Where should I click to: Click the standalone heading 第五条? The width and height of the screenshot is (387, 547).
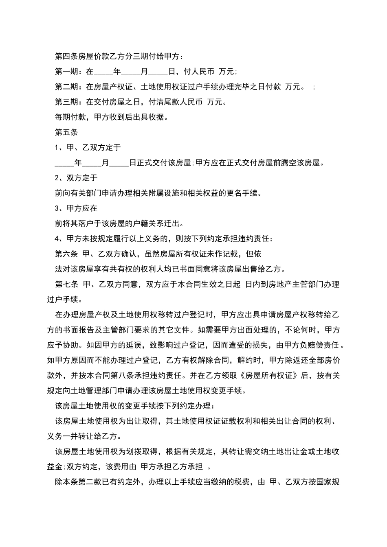tap(66, 132)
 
